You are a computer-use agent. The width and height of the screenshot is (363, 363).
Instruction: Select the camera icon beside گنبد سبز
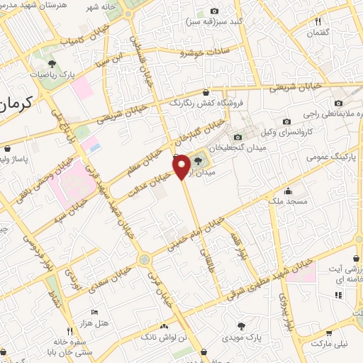point(215,11)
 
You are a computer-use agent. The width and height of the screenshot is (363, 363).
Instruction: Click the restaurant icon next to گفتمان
point(318,21)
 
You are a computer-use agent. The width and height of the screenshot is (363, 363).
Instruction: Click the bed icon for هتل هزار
point(94,312)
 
